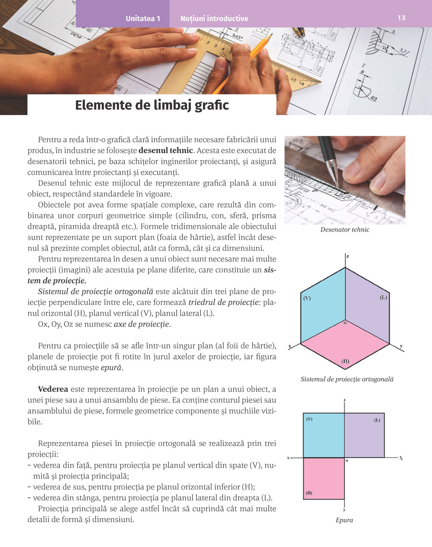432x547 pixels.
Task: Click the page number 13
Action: pos(401,18)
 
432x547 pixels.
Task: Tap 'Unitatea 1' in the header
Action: pos(143,19)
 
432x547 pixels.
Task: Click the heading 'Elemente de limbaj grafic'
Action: pos(152,105)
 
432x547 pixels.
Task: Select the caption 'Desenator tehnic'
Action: pos(345,230)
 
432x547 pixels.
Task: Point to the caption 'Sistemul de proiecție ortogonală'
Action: pos(347,380)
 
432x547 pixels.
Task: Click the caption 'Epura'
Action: pos(344,520)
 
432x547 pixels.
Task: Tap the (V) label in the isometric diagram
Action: pos(307,298)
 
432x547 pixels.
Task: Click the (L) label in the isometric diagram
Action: pos(383,298)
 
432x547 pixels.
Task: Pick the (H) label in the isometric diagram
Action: pos(345,361)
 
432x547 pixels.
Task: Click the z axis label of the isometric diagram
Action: pos(348,256)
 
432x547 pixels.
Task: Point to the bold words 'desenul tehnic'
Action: pos(166,151)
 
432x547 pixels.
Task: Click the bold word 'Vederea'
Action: pos(53,389)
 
